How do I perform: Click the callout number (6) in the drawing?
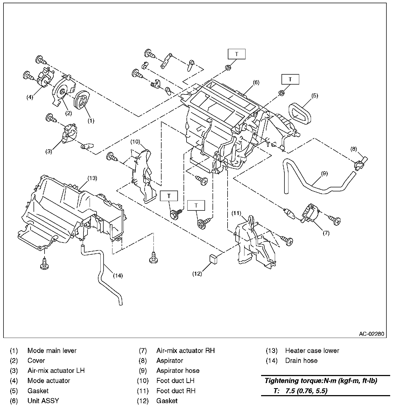pyautogui.click(x=256, y=82)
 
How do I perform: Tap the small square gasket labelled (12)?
pyautogui.click(x=213, y=258)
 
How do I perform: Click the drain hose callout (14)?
pyautogui.click(x=118, y=275)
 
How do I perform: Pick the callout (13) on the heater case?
pyautogui.click(x=92, y=178)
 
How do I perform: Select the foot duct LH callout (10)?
pyautogui.click(x=135, y=141)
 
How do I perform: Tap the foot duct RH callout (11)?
pyautogui.click(x=236, y=213)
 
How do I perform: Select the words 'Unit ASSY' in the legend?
pyautogui.click(x=43, y=401)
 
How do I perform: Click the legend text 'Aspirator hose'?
pyautogui.click(x=178, y=371)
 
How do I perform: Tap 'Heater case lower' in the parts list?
pyautogui.click(x=312, y=351)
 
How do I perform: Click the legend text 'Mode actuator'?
pyautogui.click(x=49, y=381)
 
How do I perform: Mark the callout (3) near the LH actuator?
pyautogui.click(x=49, y=151)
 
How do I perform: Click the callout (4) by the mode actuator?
pyautogui.click(x=30, y=97)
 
